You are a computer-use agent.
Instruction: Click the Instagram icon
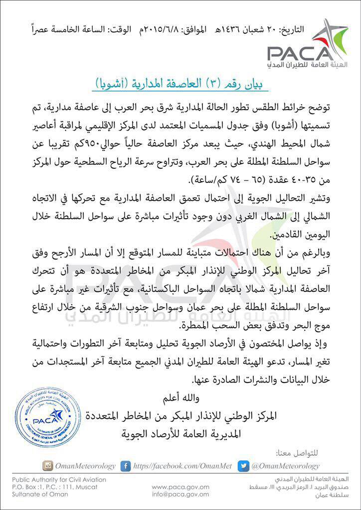(48, 466)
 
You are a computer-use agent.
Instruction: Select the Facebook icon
(126, 466)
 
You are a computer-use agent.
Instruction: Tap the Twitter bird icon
(243, 466)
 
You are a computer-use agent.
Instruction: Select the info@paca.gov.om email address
(180, 494)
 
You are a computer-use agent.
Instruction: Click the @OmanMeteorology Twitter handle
(285, 466)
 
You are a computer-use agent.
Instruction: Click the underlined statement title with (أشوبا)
(181, 83)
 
